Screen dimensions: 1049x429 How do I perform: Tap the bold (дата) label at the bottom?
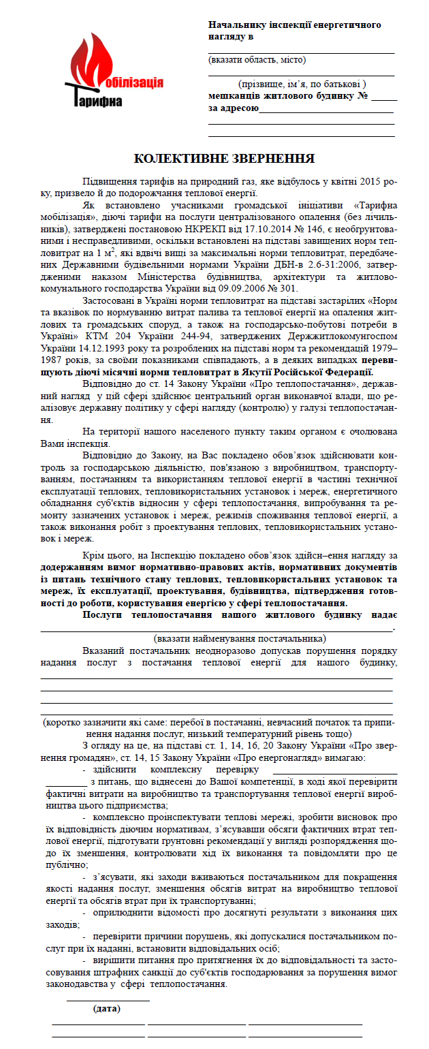coord(107,1009)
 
